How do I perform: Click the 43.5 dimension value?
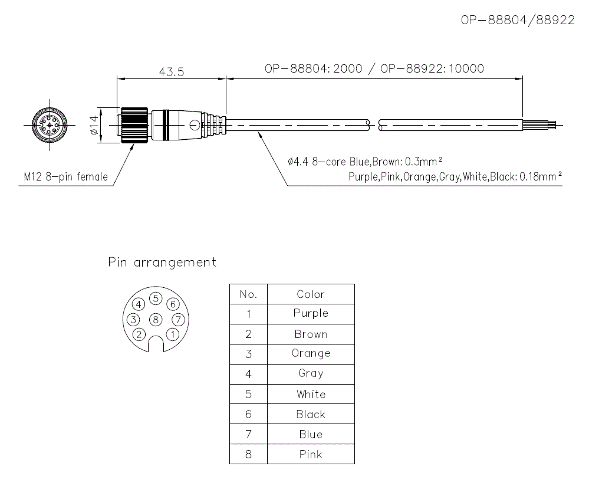click(172, 71)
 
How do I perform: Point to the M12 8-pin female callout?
click(65, 176)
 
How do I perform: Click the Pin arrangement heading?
click(162, 262)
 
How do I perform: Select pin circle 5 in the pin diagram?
click(155, 298)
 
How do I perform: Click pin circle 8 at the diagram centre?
click(155, 319)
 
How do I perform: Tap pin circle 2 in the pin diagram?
click(139, 334)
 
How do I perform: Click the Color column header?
click(311, 294)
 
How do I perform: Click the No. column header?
click(248, 294)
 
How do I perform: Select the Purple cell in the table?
click(311, 313)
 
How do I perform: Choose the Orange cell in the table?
click(311, 353)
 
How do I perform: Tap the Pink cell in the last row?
click(311, 454)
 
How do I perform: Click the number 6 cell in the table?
click(248, 414)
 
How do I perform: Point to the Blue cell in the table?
click(311, 434)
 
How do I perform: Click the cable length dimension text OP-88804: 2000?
click(312, 68)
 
